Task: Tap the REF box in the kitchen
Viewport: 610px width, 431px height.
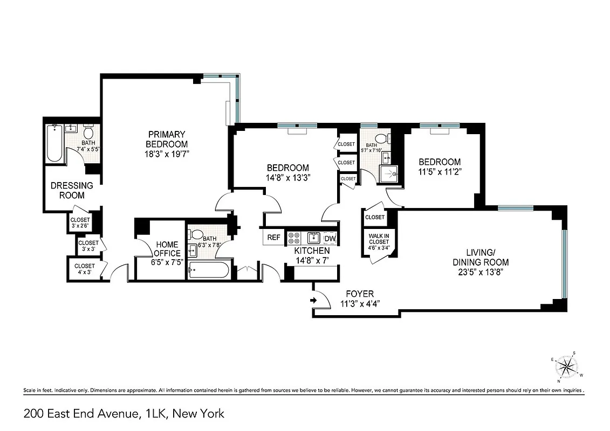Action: tap(274, 238)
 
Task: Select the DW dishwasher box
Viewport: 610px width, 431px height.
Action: tap(331, 238)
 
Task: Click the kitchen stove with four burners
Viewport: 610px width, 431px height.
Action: tap(294, 238)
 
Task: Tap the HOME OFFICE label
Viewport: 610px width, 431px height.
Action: tap(167, 249)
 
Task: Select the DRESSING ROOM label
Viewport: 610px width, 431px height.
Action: tap(72, 190)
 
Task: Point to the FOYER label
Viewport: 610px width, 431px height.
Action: tap(360, 294)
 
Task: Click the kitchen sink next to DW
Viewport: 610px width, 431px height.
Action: tap(313, 238)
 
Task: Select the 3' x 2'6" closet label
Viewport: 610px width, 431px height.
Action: tap(80, 223)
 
